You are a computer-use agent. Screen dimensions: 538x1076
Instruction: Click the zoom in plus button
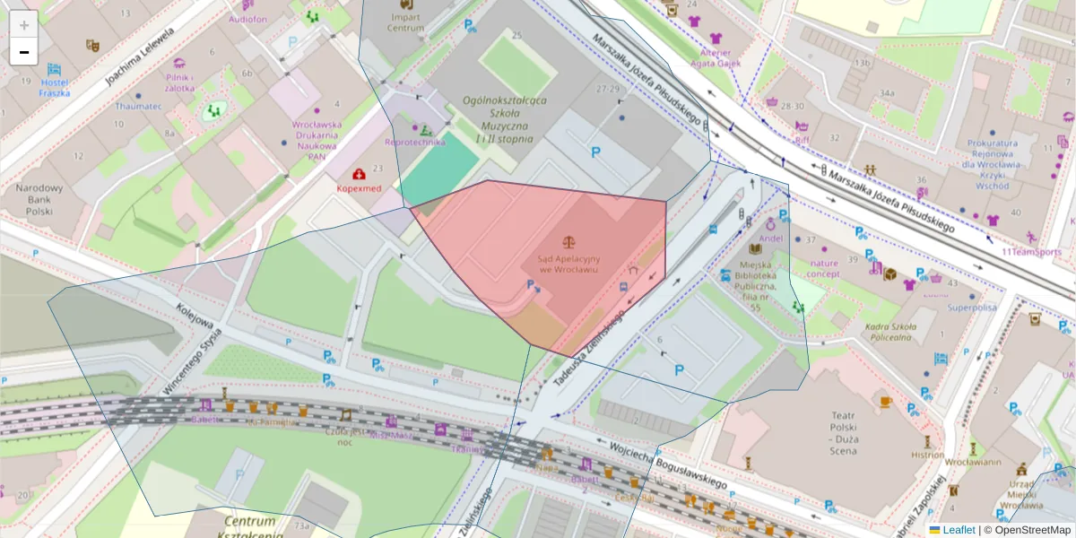[24, 24]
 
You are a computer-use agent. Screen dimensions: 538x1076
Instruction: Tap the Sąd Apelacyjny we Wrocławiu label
[568, 264]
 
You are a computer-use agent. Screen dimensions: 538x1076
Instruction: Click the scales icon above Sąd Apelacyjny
[568, 242]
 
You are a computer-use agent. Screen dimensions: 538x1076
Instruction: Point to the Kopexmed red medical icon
[359, 174]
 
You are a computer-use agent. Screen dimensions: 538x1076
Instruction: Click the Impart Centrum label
[405, 22]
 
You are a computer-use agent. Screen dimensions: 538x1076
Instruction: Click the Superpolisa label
[972, 308]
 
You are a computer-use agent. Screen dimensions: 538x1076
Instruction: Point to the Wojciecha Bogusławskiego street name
[667, 463]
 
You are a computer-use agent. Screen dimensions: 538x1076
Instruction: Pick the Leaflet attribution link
[958, 530]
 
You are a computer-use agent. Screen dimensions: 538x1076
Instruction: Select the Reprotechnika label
[414, 142]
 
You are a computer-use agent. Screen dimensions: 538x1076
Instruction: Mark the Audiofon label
[247, 18]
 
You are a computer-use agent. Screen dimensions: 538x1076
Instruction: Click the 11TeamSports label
[1031, 252]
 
